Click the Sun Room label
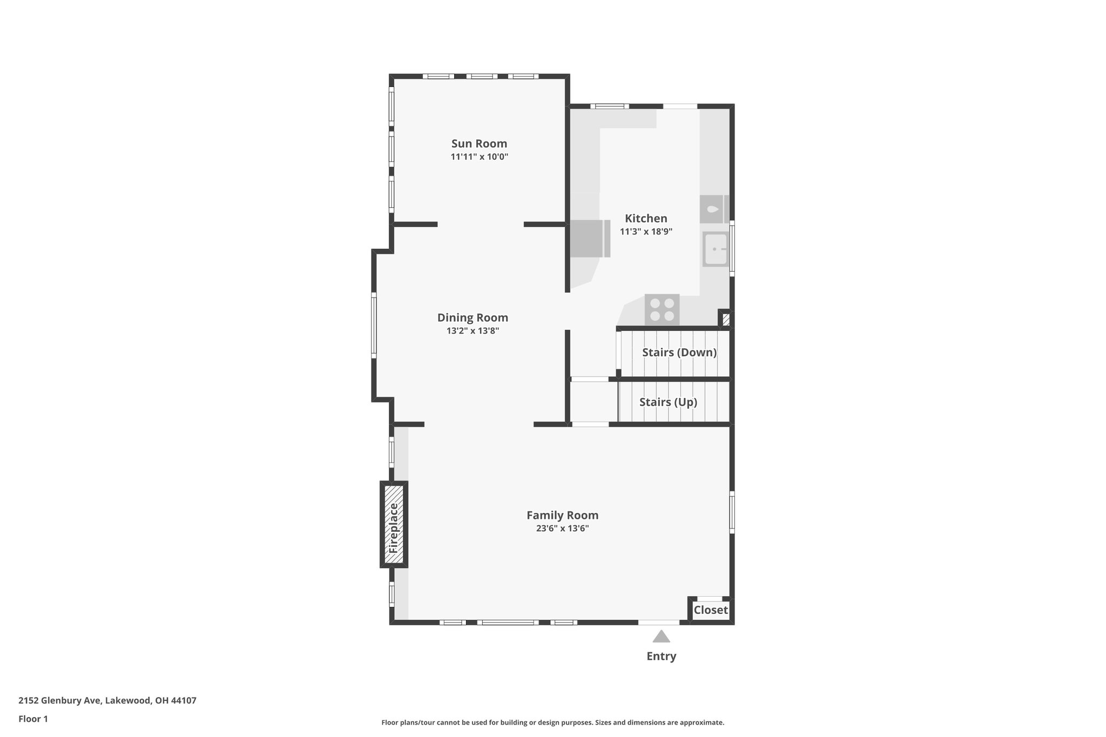coord(479,144)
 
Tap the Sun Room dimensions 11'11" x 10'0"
coord(479,157)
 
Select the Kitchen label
coord(646,218)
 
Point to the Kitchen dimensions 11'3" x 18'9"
coord(646,232)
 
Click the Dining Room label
coord(473,317)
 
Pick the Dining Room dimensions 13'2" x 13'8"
coord(473,331)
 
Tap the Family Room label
coord(562,515)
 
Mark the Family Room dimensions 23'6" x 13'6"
coord(562,529)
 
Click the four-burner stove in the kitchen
coord(662,309)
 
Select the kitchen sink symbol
coord(716,249)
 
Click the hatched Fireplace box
coord(394,524)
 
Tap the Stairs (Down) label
coord(679,353)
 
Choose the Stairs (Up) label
coord(668,402)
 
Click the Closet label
coord(711,610)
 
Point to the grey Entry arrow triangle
coord(661,637)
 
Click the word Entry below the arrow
coord(661,657)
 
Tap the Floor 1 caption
coord(33,719)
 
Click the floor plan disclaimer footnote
coord(552,722)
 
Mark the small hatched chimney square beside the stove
coord(726,319)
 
